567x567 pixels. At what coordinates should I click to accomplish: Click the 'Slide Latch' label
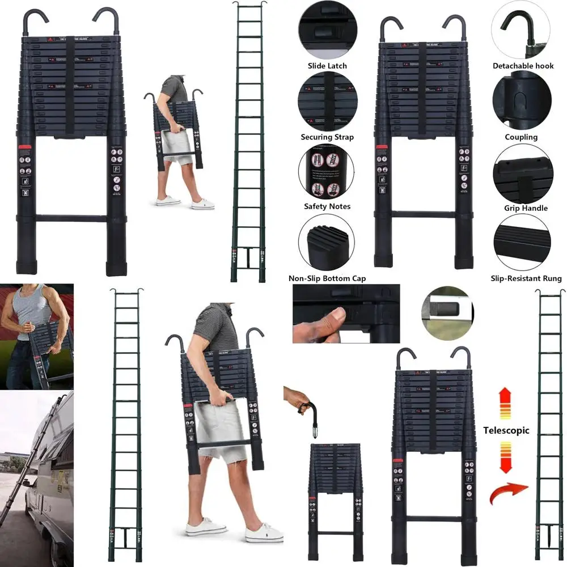pos(327,66)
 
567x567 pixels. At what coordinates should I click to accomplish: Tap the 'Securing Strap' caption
pos(327,137)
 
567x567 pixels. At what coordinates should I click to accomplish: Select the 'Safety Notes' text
pos(327,206)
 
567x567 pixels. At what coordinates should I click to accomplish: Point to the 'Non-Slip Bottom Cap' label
pos(327,278)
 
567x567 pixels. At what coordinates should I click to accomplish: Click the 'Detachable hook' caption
pos(523,66)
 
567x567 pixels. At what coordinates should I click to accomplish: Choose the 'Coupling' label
pos(521,137)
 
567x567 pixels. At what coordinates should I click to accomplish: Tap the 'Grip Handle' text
pos(526,208)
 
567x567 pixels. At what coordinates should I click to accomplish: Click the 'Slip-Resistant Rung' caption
pos(526,278)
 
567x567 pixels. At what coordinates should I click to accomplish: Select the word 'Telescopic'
pos(506,430)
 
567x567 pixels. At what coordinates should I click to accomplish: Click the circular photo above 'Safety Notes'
pos(327,172)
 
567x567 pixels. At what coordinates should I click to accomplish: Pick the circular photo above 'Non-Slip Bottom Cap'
pos(327,244)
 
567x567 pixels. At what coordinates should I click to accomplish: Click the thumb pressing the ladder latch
pos(333,320)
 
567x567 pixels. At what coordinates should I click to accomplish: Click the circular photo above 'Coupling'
pos(522,102)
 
